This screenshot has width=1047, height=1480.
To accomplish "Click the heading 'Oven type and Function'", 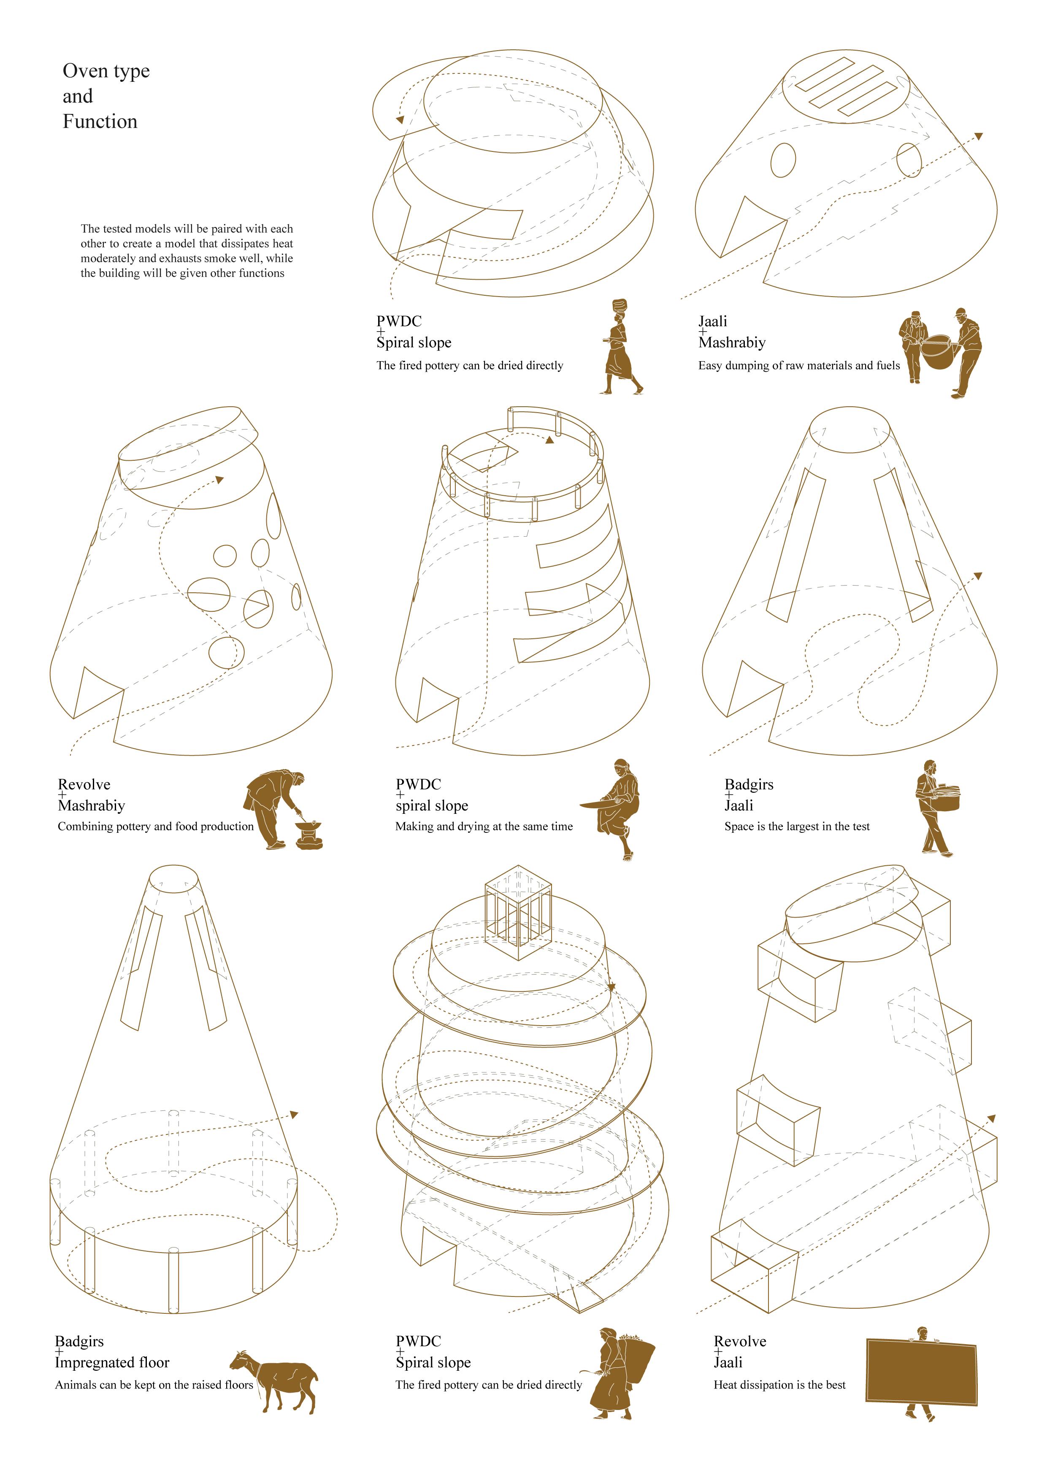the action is pyautogui.click(x=106, y=96).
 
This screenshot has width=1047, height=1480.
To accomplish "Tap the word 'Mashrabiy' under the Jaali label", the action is pyautogui.click(x=732, y=342).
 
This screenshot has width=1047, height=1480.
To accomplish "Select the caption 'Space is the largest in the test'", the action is pyautogui.click(x=797, y=826).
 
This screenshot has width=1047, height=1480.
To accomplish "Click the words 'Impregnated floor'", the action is pyautogui.click(x=112, y=1362).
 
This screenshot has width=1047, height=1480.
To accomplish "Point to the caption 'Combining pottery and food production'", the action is pyautogui.click(x=155, y=826).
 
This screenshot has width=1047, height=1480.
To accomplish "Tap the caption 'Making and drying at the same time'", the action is pyautogui.click(x=484, y=826).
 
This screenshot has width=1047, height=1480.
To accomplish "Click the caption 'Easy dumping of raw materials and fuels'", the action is pyautogui.click(x=799, y=365).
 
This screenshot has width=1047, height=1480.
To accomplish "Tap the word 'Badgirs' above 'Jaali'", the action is pyautogui.click(x=749, y=784).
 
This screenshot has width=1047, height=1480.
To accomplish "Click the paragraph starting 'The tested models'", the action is pyautogui.click(x=187, y=251).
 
